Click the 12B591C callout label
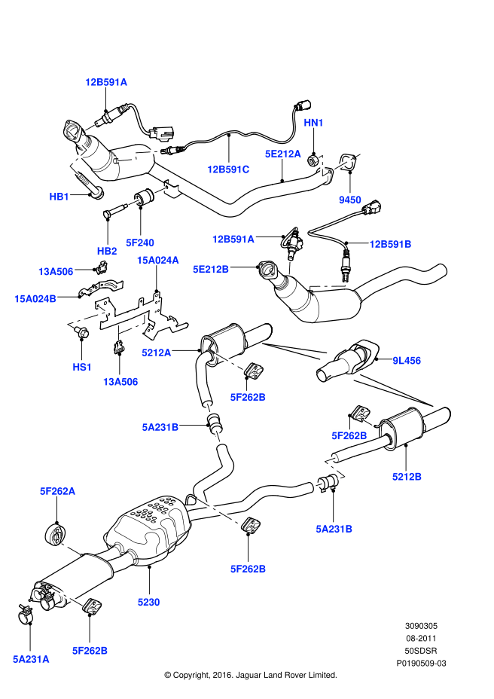[x=228, y=169]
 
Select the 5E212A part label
[x=282, y=154]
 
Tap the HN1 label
[x=313, y=122]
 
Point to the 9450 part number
[x=349, y=200]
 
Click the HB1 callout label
[x=59, y=196]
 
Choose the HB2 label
[x=107, y=250]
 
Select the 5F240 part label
[x=140, y=243]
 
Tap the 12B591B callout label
[x=390, y=243]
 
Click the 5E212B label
[x=211, y=268]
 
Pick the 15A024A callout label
[x=157, y=260]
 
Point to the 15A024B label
[x=35, y=298]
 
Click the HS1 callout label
[x=81, y=367]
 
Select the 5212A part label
[x=157, y=351]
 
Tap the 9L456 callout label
[x=406, y=361]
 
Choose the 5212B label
[x=407, y=476]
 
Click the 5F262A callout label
[x=58, y=491]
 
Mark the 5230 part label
[x=148, y=602]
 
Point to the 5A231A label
[x=31, y=658]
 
